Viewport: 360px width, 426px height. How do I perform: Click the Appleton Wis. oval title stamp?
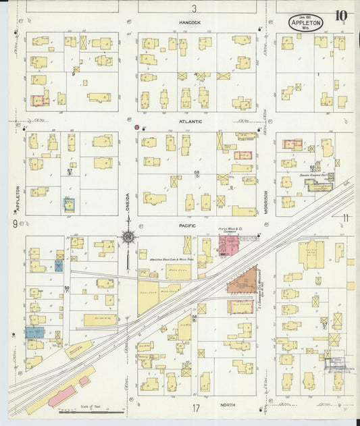click(x=306, y=23)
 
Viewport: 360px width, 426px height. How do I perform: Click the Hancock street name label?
click(x=190, y=22)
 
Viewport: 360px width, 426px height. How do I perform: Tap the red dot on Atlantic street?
click(x=137, y=126)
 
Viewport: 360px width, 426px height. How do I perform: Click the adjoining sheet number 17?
click(x=195, y=408)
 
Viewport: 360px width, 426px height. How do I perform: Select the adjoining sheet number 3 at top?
click(x=194, y=9)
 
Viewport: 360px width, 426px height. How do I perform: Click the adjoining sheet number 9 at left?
click(x=14, y=223)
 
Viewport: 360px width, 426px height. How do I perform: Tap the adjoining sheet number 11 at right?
click(x=345, y=217)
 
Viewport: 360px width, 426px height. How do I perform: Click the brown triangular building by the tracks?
click(x=242, y=279)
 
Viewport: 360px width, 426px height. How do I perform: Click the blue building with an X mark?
click(x=59, y=266)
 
